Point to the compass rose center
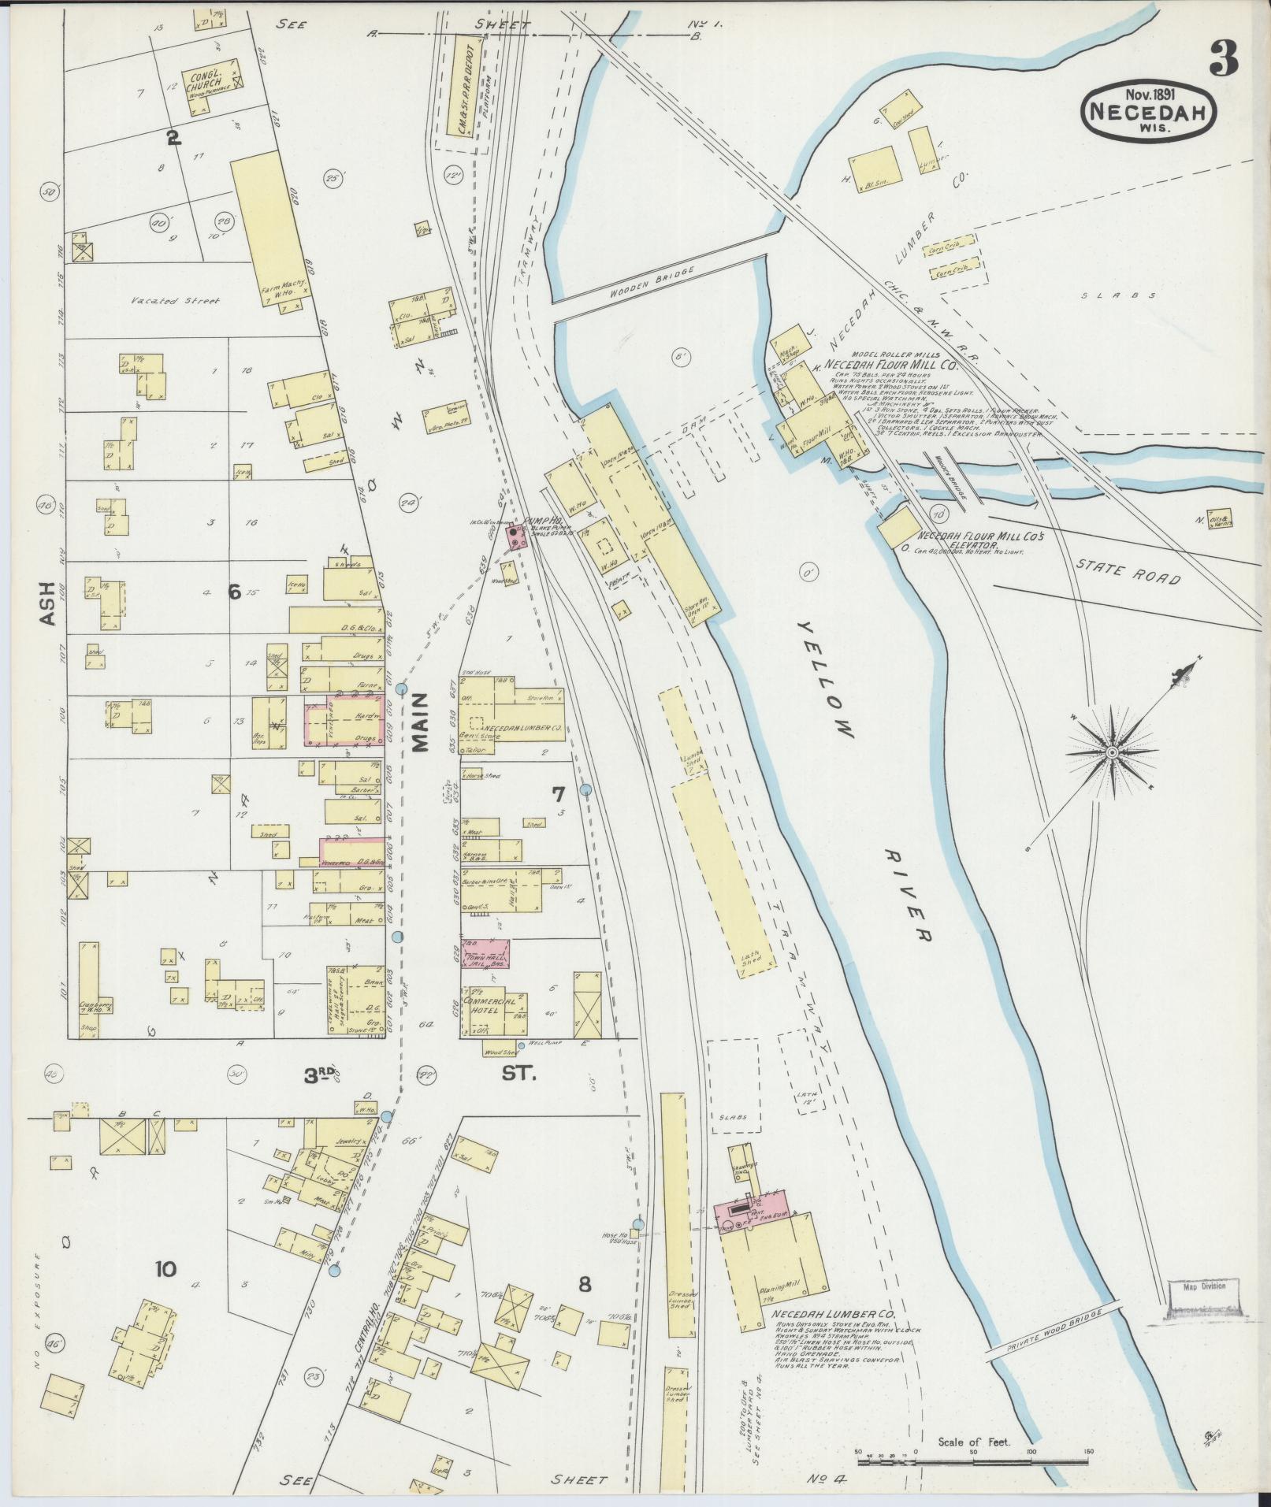tap(1111, 753)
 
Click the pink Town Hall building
tap(485, 953)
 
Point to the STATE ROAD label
tap(1128, 572)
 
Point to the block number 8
tap(584, 1284)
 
